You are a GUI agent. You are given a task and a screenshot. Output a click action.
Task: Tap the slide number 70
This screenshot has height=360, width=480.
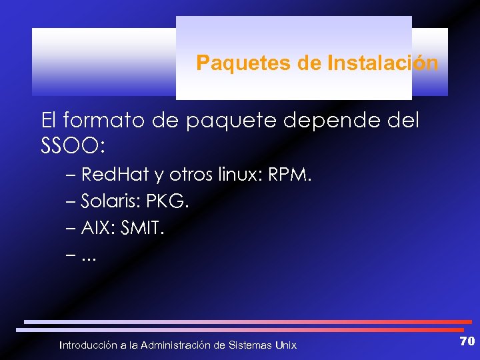pyautogui.click(x=467, y=341)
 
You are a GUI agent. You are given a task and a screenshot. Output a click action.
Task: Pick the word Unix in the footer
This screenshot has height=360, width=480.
pyautogui.click(x=286, y=345)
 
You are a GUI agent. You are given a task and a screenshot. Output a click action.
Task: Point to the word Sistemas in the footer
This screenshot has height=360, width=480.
pyautogui.click(x=250, y=345)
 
